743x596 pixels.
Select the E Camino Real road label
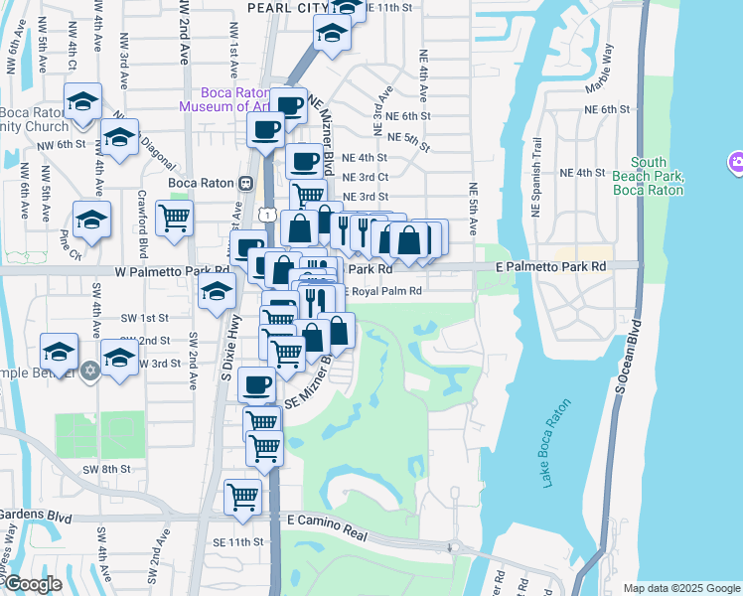click(x=327, y=521)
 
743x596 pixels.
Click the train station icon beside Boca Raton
click(x=244, y=183)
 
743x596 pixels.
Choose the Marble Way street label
click(x=607, y=69)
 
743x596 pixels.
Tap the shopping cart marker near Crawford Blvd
click(x=174, y=219)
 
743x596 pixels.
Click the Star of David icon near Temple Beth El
click(x=90, y=370)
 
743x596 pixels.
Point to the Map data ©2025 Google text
click(x=680, y=588)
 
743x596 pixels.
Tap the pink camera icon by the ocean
click(x=736, y=161)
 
